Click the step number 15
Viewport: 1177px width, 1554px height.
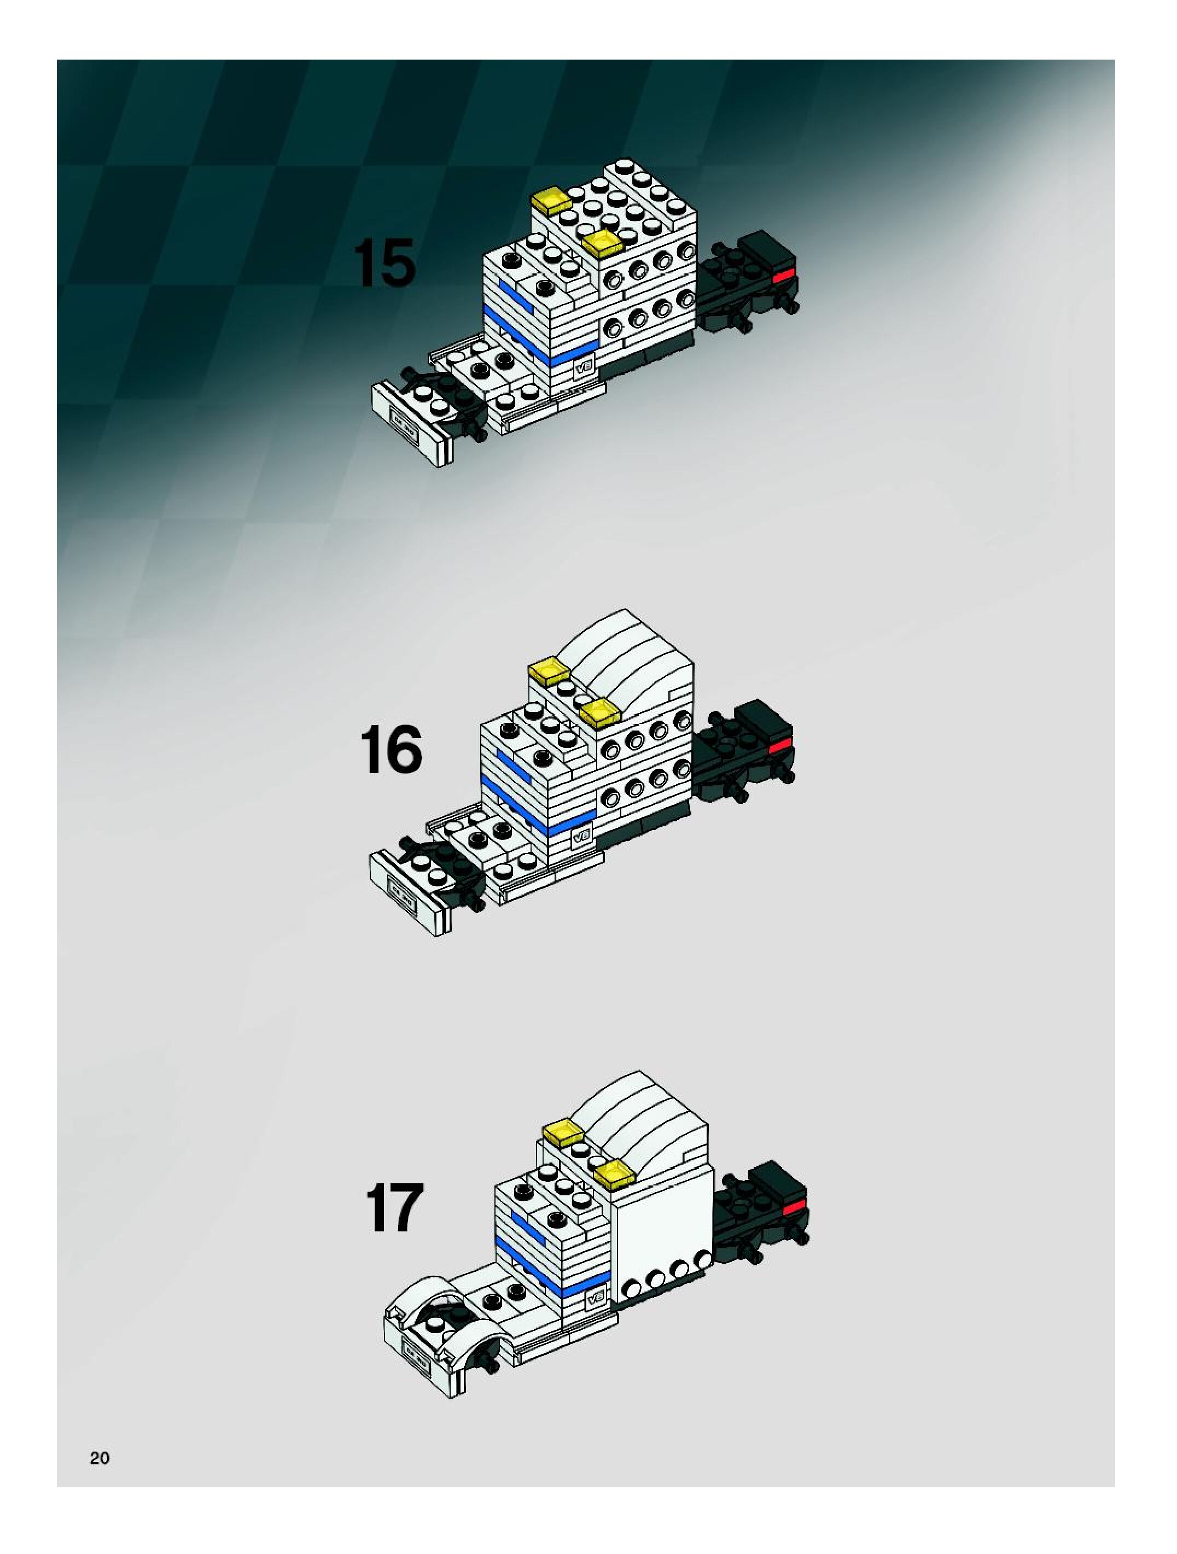[x=383, y=263]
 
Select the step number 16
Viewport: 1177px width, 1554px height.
[x=391, y=750]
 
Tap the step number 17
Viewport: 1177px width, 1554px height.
[x=395, y=1208]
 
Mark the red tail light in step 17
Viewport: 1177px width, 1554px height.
[x=795, y=1206]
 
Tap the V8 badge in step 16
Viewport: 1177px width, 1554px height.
[x=582, y=836]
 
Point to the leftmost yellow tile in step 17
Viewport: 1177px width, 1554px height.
[x=564, y=1132]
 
